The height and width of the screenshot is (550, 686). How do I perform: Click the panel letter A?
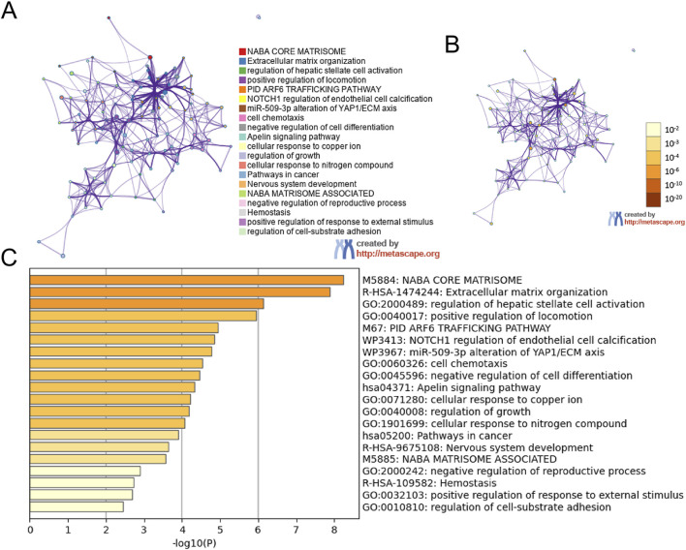(x=13, y=15)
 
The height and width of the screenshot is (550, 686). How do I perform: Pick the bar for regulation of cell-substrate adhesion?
(x=77, y=506)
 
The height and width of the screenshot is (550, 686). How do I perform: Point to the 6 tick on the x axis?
(x=258, y=531)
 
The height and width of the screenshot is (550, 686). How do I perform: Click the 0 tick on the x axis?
(x=31, y=531)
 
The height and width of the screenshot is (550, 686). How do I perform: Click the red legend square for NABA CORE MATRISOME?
(x=242, y=49)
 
